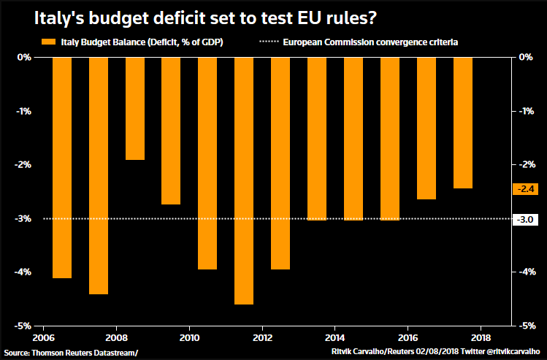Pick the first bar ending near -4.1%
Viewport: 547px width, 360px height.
tap(61, 167)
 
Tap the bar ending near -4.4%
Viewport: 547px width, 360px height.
tap(98, 175)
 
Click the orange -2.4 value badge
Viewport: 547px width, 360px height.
tap(526, 188)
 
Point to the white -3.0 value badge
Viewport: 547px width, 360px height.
tap(526, 218)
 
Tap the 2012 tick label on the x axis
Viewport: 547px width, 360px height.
tap(262, 337)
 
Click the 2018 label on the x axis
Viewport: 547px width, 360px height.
tap(481, 337)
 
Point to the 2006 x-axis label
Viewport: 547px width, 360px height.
tap(43, 337)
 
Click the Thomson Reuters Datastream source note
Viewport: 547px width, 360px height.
tap(70, 353)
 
